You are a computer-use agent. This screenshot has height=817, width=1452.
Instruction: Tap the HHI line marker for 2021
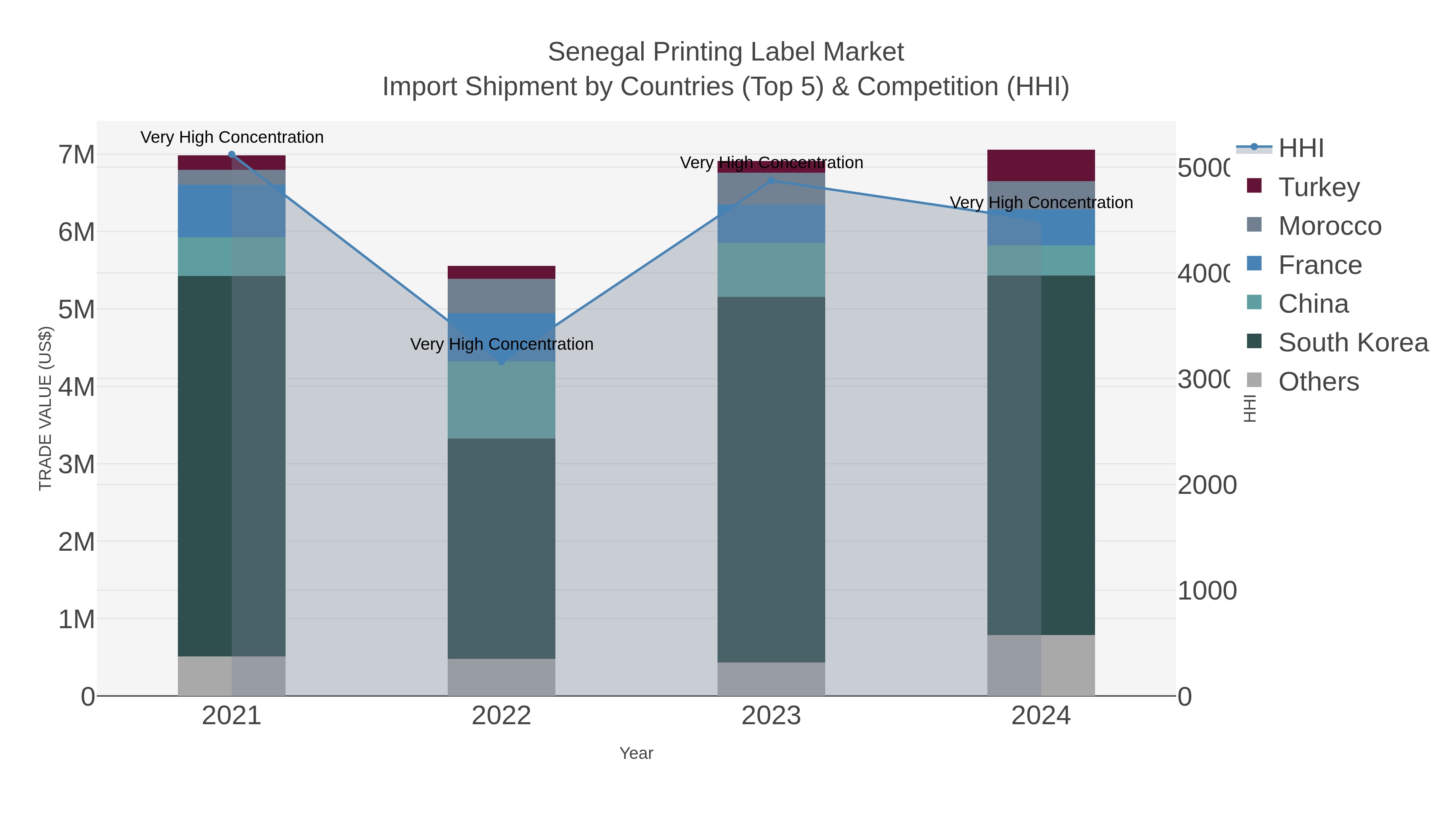tap(232, 155)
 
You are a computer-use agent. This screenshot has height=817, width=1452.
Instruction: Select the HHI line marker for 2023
tap(771, 180)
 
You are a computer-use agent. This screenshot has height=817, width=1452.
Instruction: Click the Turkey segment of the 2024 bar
tap(1041, 165)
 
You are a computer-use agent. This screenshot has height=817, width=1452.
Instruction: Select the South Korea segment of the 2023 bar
tap(771, 479)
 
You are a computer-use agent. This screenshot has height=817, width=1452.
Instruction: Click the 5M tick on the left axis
tap(77, 309)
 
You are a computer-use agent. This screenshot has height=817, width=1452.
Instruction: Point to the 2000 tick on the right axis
tap(1206, 485)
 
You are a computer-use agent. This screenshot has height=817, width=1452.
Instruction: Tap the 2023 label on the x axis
tap(771, 715)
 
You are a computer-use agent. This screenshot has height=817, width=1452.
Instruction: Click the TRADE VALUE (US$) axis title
tap(45, 408)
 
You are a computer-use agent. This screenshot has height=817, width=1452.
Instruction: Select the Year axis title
tap(636, 753)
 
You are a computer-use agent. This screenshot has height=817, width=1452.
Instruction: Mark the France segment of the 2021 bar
tap(232, 211)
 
